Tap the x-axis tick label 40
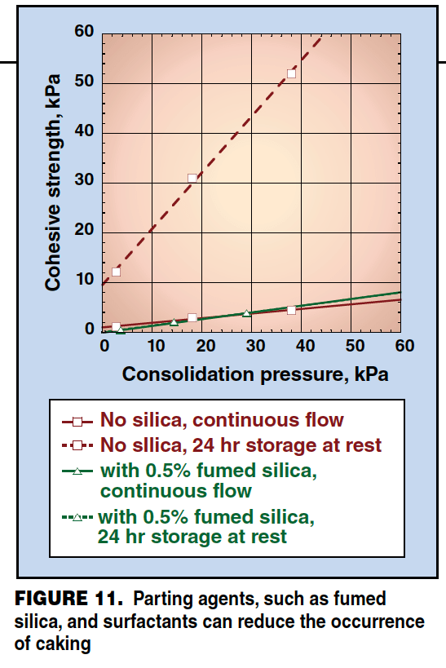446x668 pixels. click(x=304, y=346)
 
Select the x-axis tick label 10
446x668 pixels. click(x=154, y=346)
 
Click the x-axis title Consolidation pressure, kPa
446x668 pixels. click(x=254, y=374)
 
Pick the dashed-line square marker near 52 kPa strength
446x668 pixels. click(x=291, y=73)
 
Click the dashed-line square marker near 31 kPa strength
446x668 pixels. click(x=192, y=178)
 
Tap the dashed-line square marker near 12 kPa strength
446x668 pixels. click(x=116, y=272)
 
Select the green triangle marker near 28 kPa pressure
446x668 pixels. click(x=246, y=313)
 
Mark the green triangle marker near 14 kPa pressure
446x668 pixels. click(x=174, y=322)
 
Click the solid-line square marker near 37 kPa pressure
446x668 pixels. click(x=291, y=310)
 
